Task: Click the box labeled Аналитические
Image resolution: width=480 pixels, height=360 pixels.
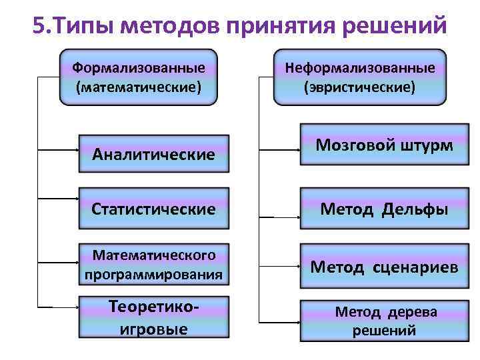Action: [154, 154]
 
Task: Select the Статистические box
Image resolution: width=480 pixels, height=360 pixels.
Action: [154, 209]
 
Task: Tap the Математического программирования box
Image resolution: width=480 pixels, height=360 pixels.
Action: [154, 265]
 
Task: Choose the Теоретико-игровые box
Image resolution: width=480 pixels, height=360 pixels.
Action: [154, 317]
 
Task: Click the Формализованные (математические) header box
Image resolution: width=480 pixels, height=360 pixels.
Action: [138, 77]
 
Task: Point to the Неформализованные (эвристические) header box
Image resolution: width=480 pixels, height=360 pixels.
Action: [360, 77]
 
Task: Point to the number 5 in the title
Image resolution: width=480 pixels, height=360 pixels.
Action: [37, 27]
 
